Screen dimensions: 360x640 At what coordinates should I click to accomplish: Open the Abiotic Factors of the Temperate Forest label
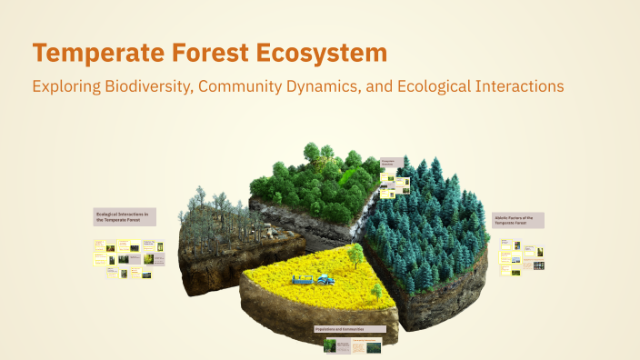pos(518,220)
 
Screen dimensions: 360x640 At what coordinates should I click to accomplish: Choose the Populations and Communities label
pos(349,328)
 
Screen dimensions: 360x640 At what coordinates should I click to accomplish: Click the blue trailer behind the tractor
pos(301,278)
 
